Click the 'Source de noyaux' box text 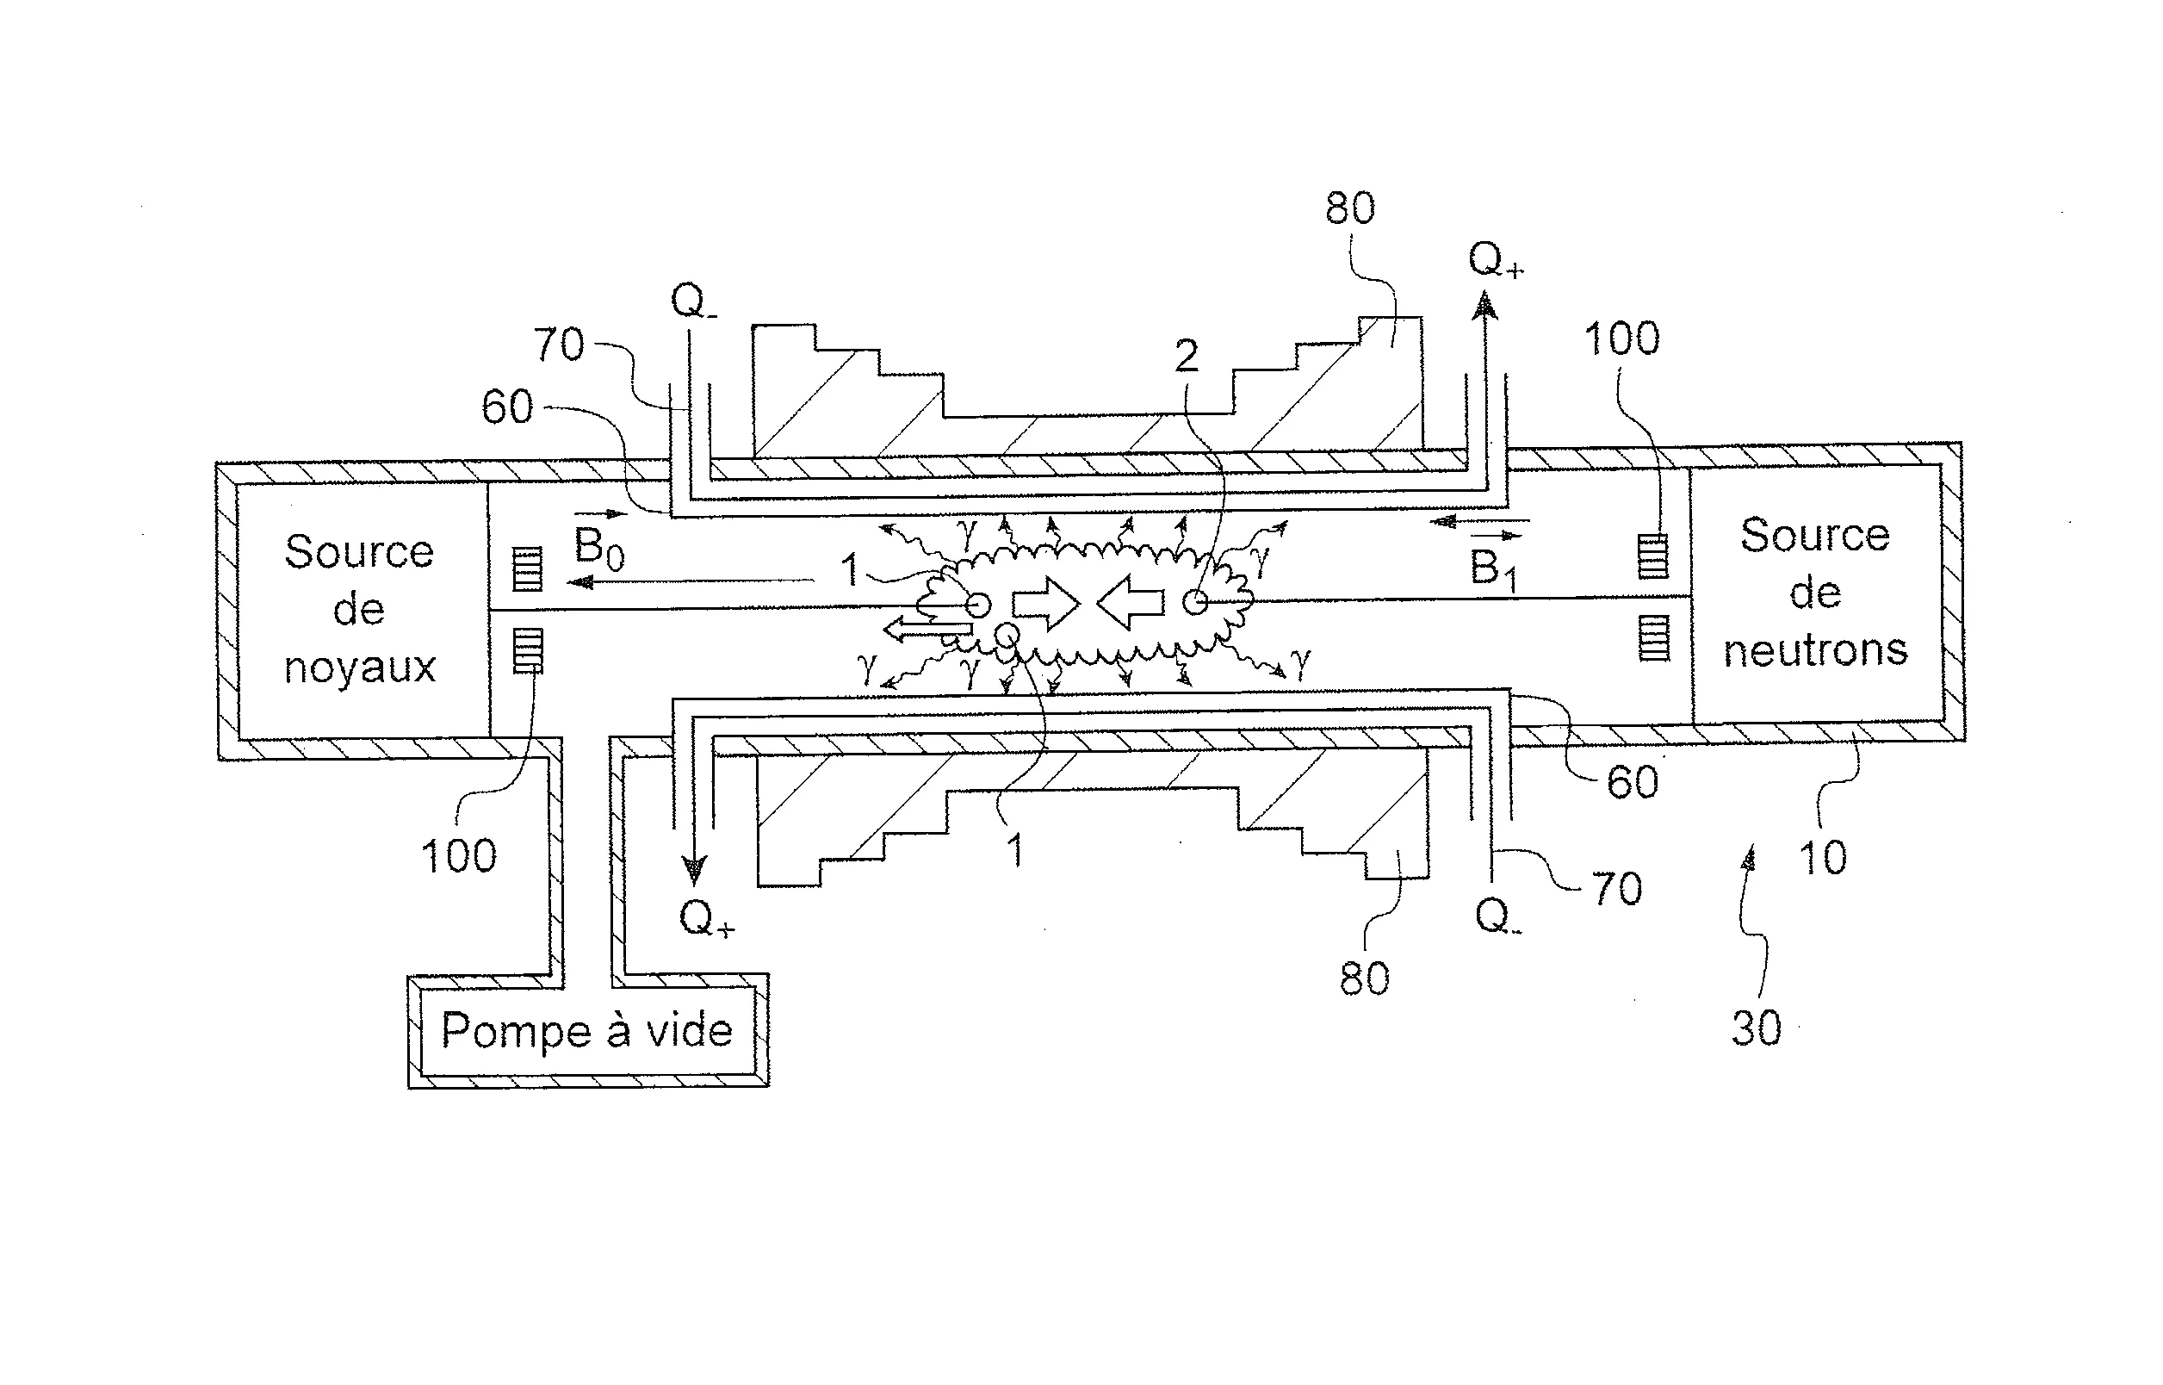(359, 609)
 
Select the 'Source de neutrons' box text (1814, 593)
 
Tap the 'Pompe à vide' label (586, 1030)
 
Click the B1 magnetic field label (1492, 568)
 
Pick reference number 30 (1756, 1028)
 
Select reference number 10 (1822, 857)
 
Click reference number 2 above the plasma (1186, 356)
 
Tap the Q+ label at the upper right (1495, 261)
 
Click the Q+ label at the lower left (706, 919)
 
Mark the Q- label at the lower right (1497, 917)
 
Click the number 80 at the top (1349, 208)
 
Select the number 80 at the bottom (1364, 978)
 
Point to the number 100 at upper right (1621, 339)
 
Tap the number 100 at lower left (458, 855)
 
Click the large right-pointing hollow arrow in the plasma (1045, 603)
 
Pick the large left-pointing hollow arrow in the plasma (1130, 603)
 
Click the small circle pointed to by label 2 (1195, 602)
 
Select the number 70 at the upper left (558, 345)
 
